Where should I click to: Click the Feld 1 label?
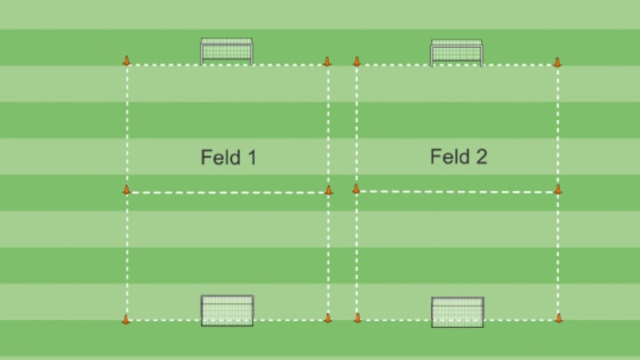click(228, 158)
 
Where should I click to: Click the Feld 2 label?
click(459, 157)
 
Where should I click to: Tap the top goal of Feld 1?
click(227, 52)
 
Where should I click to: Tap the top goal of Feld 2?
click(457, 52)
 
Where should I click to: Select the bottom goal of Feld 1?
click(228, 310)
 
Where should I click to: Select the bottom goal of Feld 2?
click(458, 311)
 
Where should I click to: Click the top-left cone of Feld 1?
click(126, 61)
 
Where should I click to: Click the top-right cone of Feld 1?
click(327, 61)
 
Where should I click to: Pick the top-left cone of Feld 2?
click(356, 61)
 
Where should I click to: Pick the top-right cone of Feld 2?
click(557, 62)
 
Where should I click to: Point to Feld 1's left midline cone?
click(126, 189)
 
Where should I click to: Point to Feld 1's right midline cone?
click(328, 189)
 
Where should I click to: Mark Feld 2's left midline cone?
click(356, 188)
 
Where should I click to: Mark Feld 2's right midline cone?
click(558, 188)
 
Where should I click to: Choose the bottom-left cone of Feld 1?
click(126, 318)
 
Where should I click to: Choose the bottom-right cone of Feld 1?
click(327, 317)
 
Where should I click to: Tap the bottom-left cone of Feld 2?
click(357, 317)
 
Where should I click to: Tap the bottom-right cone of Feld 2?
click(558, 317)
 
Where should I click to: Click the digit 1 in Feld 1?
click(252, 158)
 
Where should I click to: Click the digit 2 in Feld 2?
click(481, 157)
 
